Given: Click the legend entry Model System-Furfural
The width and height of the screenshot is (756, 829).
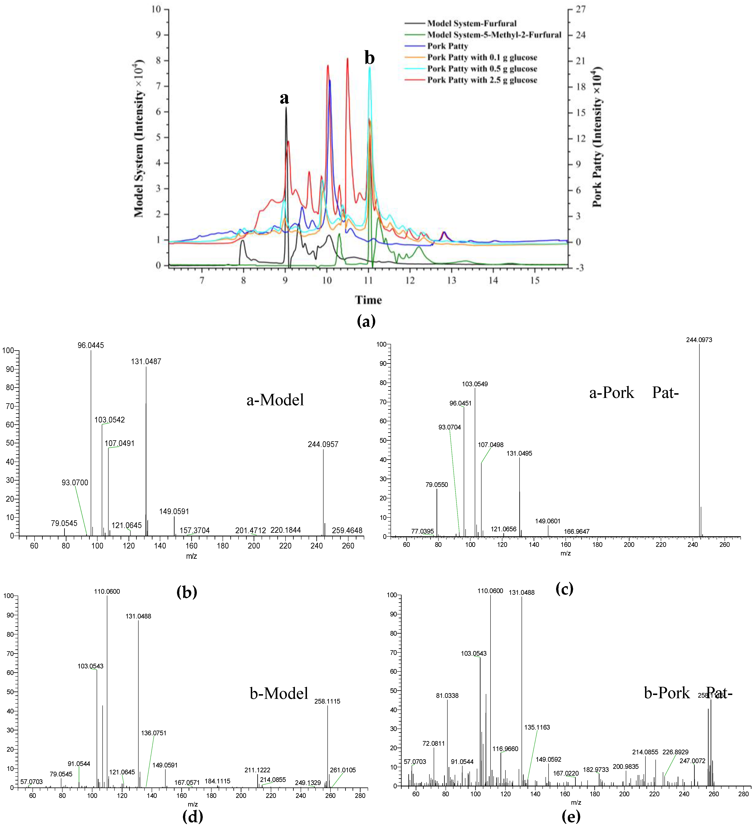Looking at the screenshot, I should click(471, 24).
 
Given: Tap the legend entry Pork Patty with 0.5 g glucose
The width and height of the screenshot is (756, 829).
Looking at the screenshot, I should click(482, 69).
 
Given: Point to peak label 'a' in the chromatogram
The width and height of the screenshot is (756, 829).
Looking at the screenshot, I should click(284, 98).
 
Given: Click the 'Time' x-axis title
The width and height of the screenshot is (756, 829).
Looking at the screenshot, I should click(368, 300).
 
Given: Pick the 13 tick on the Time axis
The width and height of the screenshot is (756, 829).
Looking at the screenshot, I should click(451, 280).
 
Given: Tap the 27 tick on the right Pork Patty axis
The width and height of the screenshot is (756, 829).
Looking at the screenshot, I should click(580, 9).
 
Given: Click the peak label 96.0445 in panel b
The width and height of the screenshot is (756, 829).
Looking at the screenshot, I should click(91, 345).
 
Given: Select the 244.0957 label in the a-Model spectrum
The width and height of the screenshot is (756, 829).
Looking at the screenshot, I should click(323, 444).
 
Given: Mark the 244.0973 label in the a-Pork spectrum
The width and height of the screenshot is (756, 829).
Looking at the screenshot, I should click(699, 340).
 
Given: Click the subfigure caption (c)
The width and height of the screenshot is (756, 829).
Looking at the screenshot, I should click(564, 589).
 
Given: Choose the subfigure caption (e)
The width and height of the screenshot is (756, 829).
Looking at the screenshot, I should click(571, 816).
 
